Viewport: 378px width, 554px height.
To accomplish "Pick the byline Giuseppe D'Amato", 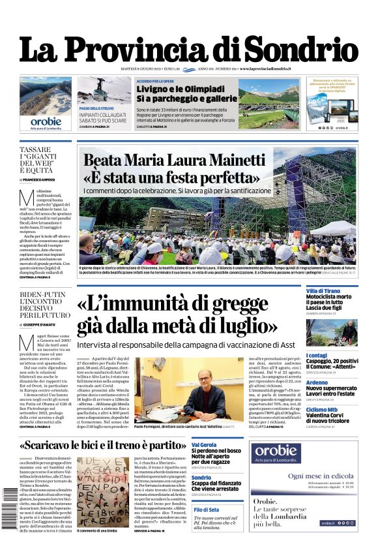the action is [44, 324].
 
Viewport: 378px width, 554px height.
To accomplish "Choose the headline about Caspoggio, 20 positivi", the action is [331, 363].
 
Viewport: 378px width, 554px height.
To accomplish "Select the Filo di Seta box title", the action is [206, 509].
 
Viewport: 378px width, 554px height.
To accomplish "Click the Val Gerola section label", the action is [204, 445].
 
